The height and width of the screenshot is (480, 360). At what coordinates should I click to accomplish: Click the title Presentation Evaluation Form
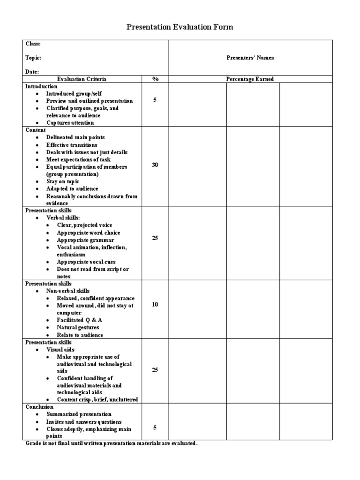pos(180,27)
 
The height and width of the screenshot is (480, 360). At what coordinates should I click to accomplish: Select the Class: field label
pos(33,44)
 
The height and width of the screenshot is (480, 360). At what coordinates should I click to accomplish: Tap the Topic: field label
pos(33,58)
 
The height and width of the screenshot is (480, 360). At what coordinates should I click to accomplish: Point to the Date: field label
pos(32,72)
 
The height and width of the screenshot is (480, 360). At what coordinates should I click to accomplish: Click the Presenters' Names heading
pos(250,58)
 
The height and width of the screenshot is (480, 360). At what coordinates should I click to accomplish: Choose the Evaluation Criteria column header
pos(82,79)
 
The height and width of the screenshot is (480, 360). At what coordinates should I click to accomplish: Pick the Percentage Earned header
pos(250,79)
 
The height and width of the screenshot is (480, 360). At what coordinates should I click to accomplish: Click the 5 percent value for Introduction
pos(155,100)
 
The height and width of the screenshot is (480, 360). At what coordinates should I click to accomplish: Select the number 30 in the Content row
pos(155,165)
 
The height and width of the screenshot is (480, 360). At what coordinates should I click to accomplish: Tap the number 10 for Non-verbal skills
pos(155,305)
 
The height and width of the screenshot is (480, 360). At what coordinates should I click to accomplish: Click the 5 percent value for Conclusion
pos(155,427)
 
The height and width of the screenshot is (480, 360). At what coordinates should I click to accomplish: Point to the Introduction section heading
pos(41,86)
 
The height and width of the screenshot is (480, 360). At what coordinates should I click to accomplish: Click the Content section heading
pos(36,130)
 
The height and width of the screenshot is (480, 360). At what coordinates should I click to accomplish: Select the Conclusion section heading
pos(39,407)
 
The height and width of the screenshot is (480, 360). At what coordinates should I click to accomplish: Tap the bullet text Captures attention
pos(70,123)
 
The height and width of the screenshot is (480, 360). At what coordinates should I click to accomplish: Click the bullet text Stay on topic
pos(63,181)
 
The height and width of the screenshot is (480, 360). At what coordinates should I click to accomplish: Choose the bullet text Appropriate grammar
pos(85,240)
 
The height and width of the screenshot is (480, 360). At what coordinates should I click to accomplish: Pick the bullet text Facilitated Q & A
pos(79,320)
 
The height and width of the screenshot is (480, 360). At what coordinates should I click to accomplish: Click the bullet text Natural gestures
pos(78,327)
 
